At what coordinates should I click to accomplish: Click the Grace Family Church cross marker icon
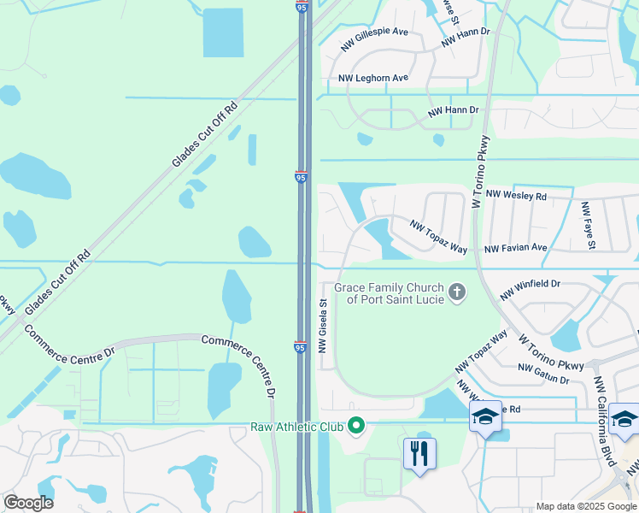[457, 293]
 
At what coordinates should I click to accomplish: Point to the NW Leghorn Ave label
[373, 78]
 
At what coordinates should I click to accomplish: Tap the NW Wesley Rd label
[516, 196]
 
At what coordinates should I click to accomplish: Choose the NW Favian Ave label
[515, 248]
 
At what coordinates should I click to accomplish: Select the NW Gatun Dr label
[543, 373]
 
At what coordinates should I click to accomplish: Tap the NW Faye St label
[588, 226]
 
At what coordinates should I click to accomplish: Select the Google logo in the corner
[28, 502]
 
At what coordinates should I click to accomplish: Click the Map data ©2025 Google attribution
[586, 506]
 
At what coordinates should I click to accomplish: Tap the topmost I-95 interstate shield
[302, 6]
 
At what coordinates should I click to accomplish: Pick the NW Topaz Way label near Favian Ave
[438, 237]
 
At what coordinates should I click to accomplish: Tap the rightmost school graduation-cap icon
[624, 419]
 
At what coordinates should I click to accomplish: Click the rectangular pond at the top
[223, 33]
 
